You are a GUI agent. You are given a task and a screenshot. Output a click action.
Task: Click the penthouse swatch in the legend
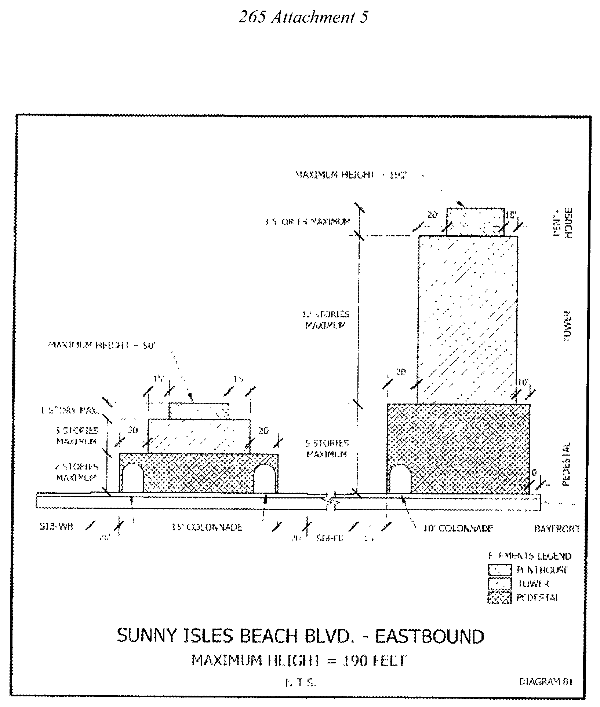[499, 570]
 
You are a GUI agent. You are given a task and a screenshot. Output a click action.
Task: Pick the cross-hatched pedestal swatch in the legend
[499, 597]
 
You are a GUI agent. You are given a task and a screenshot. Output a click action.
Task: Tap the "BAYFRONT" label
[556, 529]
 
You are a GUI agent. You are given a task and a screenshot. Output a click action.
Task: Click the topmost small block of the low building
[199, 411]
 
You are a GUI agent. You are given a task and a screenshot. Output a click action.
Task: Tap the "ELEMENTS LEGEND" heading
[529, 556]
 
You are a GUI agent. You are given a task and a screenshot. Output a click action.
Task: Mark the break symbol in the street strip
[331, 501]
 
